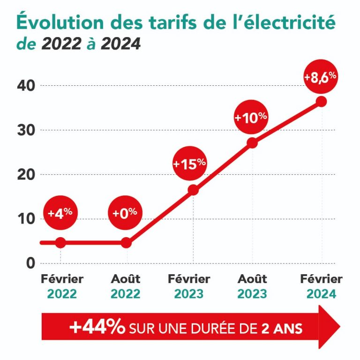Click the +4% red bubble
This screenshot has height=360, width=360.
[60, 212]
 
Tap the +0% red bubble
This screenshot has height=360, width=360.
[125, 212]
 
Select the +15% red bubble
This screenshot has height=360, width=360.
[189, 164]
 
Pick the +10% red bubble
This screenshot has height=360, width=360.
[251, 118]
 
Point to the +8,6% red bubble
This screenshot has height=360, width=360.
[321, 77]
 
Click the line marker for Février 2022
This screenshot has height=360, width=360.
[60, 242]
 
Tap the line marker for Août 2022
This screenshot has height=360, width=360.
[126, 242]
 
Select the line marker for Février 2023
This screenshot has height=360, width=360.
[193, 190]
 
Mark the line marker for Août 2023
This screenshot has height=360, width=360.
[252, 143]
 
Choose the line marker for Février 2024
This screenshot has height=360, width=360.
[322, 101]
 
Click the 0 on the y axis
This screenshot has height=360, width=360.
[30, 263]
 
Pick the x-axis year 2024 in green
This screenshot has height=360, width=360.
[321, 294]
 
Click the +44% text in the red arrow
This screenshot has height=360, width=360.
[97, 327]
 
